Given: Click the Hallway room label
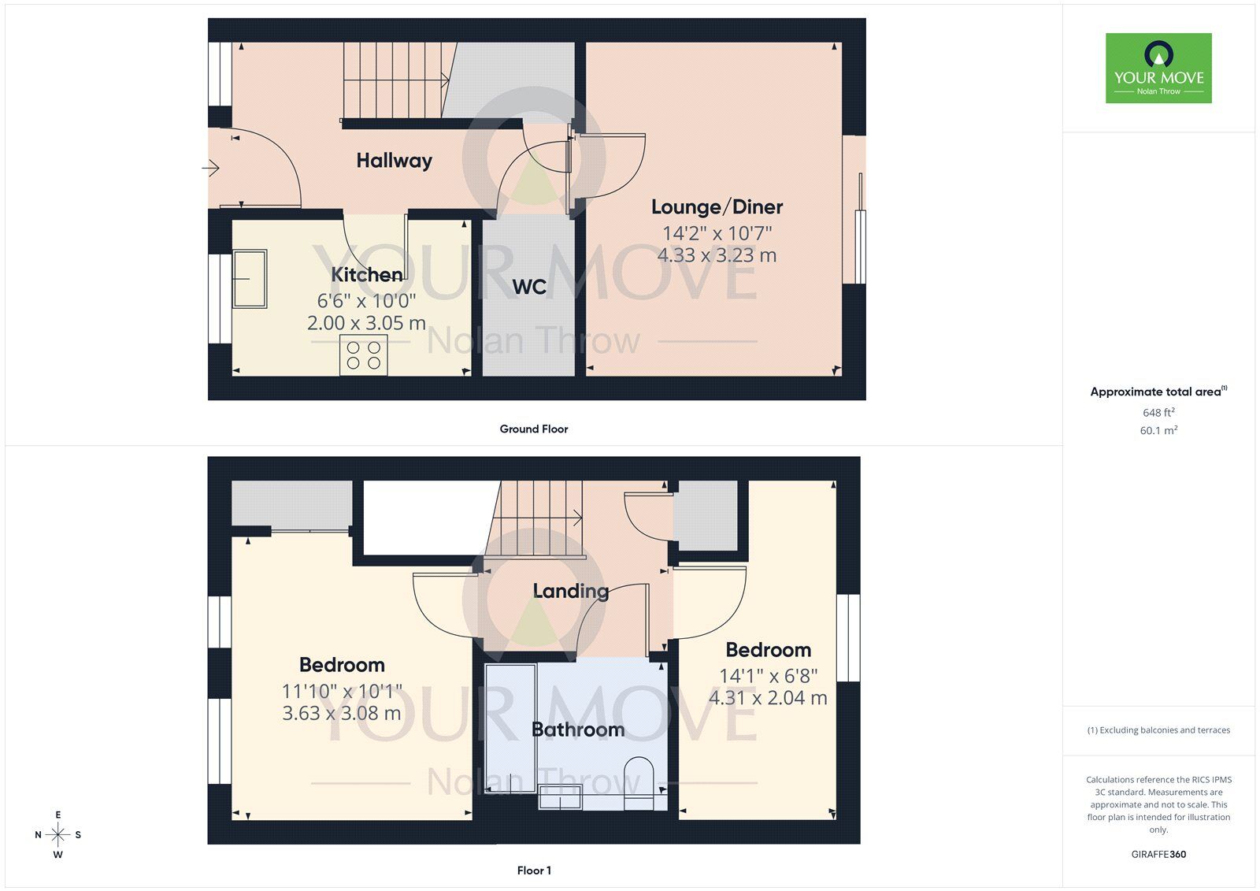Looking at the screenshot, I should point(394,161).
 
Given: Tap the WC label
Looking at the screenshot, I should point(529,287).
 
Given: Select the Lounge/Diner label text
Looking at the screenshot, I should point(717,207).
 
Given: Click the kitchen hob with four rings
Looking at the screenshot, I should point(363,355).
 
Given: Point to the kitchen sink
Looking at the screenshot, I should point(250,278).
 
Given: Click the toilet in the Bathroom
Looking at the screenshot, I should point(639,784).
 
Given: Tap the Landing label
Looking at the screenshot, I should point(570,591).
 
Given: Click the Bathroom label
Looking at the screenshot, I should point(578,730).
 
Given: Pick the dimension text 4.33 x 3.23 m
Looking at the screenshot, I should point(717,255).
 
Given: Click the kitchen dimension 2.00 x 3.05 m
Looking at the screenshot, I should point(366,323).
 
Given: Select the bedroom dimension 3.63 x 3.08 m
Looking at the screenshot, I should point(342,713).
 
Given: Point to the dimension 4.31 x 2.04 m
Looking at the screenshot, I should point(768,698).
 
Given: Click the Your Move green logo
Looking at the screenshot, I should point(1158,68).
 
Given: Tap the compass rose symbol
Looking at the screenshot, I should point(57,834).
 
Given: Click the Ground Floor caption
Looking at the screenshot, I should point(533,429).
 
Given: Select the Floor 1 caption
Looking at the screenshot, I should point(533,871).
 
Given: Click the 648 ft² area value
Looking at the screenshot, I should point(1158,413).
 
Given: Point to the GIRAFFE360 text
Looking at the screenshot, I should point(1158,854).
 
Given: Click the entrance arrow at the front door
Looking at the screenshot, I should point(210,168).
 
